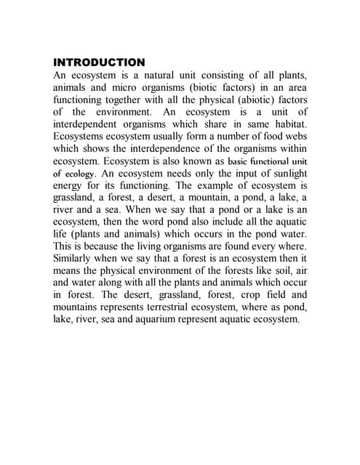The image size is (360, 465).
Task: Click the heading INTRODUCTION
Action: click(100, 62)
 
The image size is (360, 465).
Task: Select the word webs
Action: click(293, 137)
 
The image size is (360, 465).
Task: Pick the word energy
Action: click(71, 187)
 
